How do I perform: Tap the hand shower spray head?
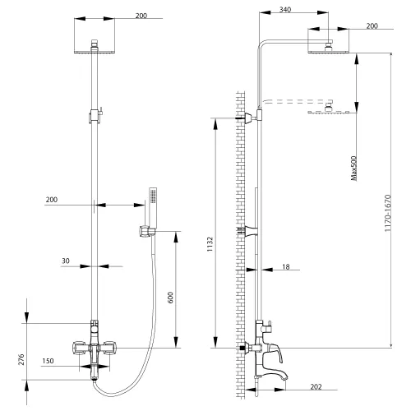(x=152, y=198)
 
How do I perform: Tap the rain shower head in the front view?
(x=95, y=50)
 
